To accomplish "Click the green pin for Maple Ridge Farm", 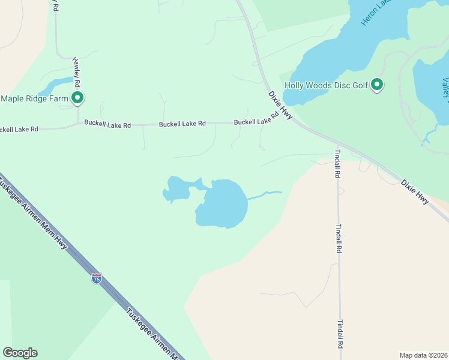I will pos(77,98).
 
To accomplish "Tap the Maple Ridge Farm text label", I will pos(35,98).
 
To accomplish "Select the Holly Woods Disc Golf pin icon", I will pos(377,85).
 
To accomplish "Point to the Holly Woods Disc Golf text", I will pos(327,85).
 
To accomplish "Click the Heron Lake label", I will pos(375,12).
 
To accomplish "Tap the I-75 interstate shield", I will pos(97,278).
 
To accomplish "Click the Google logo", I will pos(20,353).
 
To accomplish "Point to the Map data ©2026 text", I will pos(423,355).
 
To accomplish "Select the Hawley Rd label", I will pos(77,71).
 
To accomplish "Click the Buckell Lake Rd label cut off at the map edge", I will pos(19,129).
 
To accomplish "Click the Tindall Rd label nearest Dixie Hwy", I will pos(338,163).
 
